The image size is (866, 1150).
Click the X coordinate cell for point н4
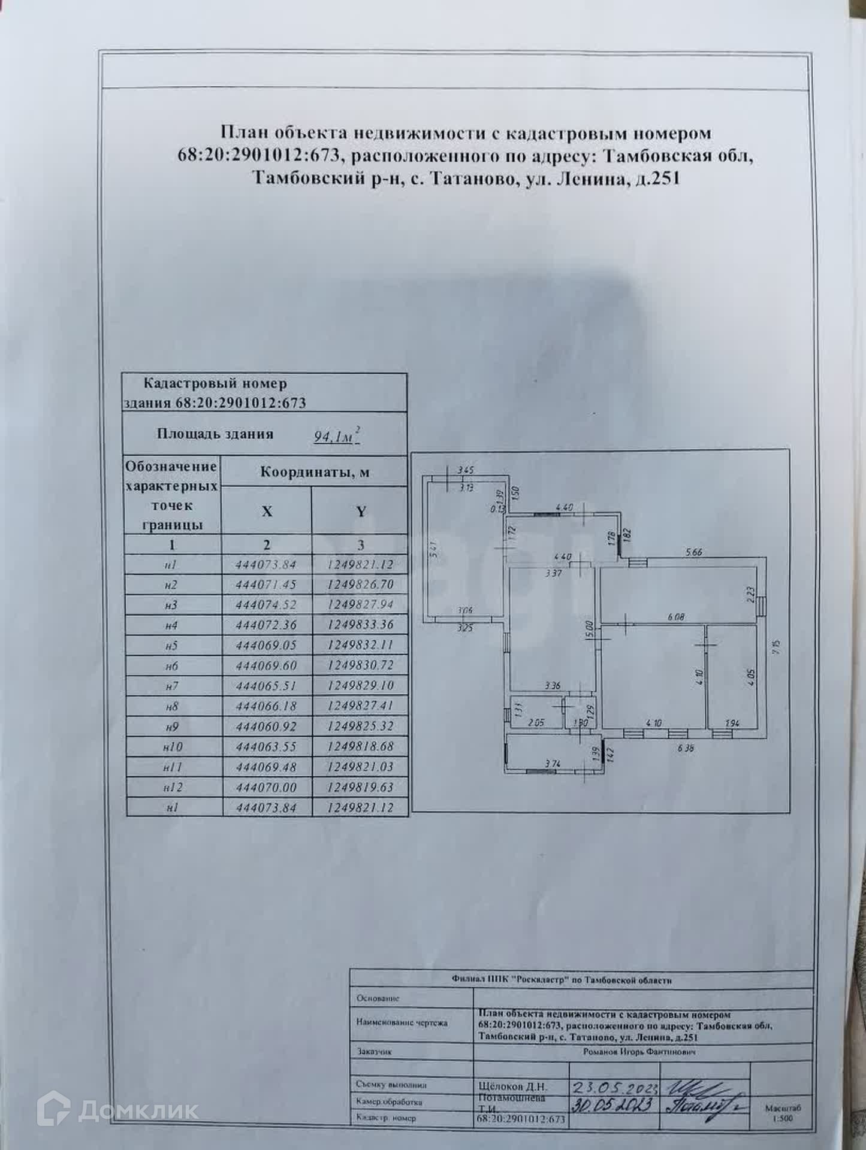click(266, 625)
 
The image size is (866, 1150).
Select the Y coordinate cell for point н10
click(360, 746)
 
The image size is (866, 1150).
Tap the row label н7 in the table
click(172, 686)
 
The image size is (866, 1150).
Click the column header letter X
click(267, 511)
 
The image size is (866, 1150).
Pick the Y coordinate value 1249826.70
click(360, 584)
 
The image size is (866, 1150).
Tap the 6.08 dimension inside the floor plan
click(675, 617)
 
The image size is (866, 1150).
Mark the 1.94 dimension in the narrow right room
click(732, 724)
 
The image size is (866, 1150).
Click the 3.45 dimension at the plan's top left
click(466, 470)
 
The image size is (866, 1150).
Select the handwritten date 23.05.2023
click(616, 1086)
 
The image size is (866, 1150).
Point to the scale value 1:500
click(783, 1118)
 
